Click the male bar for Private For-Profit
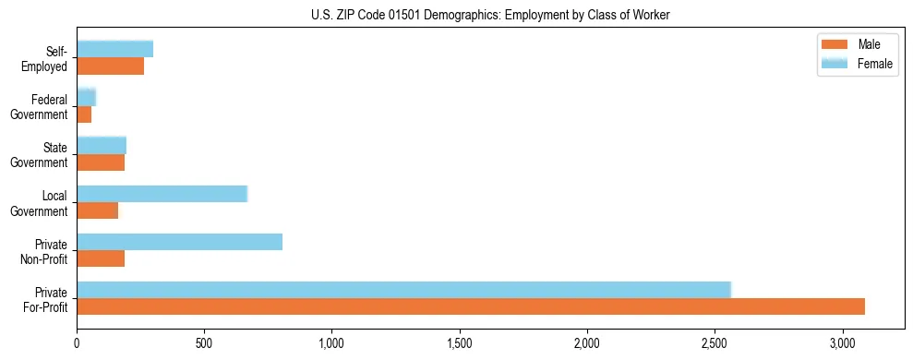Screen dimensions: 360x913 coord(471,306)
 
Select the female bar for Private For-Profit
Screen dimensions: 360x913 coord(403,290)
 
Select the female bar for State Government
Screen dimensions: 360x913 coord(102,146)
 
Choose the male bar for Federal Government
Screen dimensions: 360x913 coord(84,114)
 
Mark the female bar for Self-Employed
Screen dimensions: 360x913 coord(114,50)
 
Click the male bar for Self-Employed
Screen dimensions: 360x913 coord(110,66)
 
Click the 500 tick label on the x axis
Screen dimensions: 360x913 coord(204,343)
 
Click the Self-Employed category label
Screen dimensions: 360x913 coord(47,58)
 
